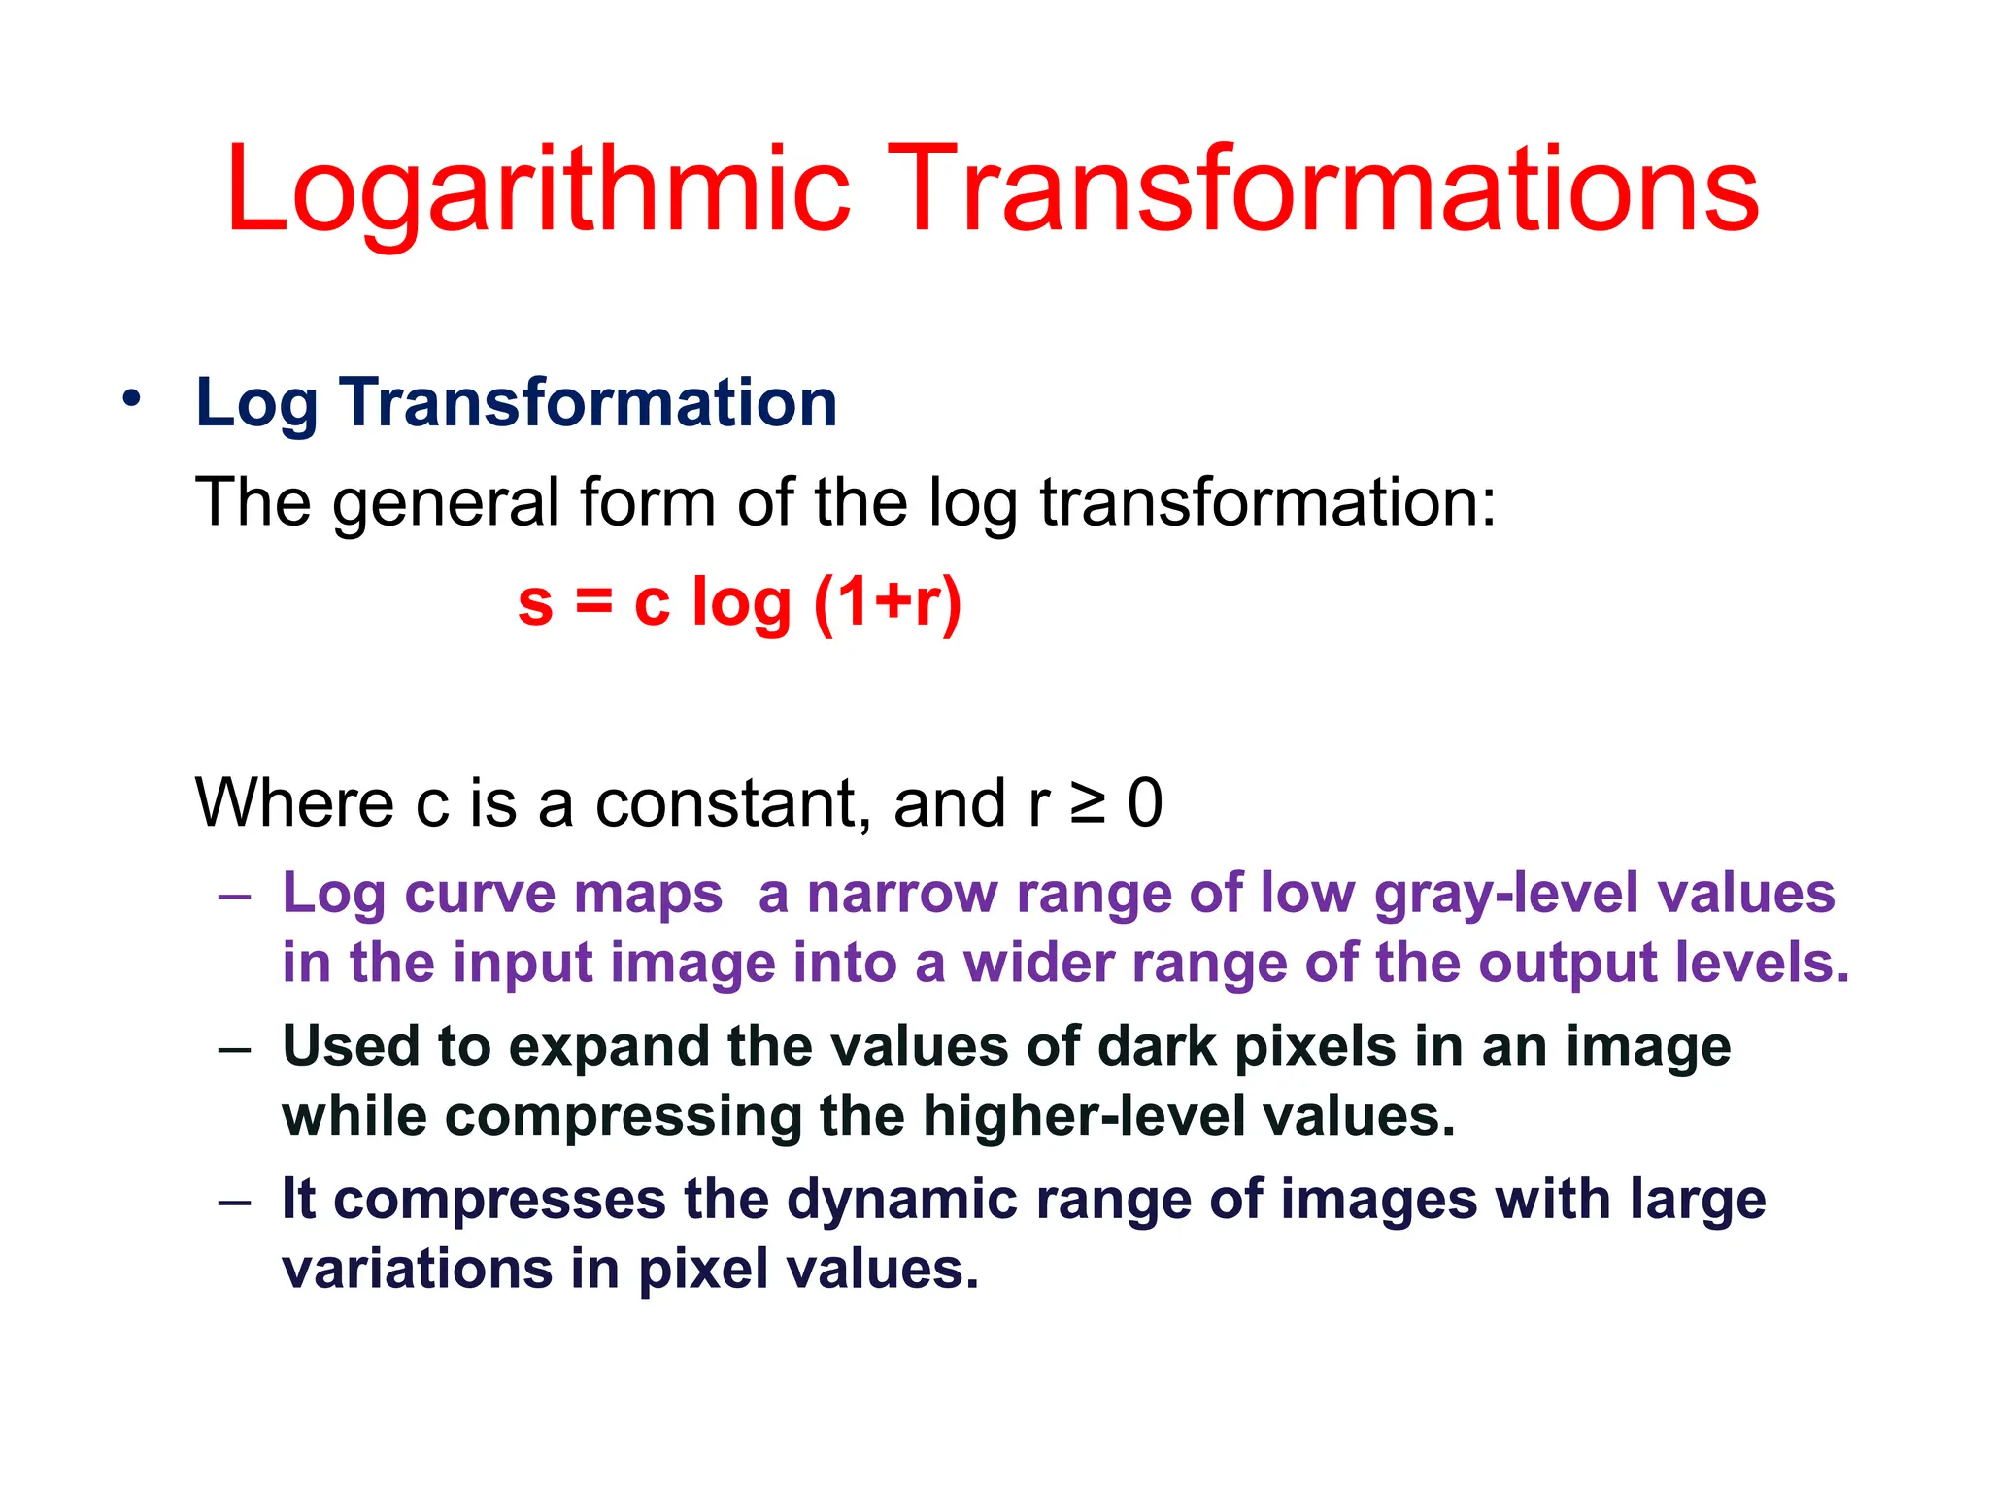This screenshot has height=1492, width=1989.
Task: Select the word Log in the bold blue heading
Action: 256,403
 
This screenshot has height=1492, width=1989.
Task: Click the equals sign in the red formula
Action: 593,602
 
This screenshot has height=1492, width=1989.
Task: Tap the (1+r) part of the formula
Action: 888,602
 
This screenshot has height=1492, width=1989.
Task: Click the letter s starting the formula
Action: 535,604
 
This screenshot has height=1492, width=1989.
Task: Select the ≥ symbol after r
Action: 1088,804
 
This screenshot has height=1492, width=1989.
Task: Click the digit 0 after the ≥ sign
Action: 1146,803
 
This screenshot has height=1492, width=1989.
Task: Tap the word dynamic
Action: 902,1201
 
